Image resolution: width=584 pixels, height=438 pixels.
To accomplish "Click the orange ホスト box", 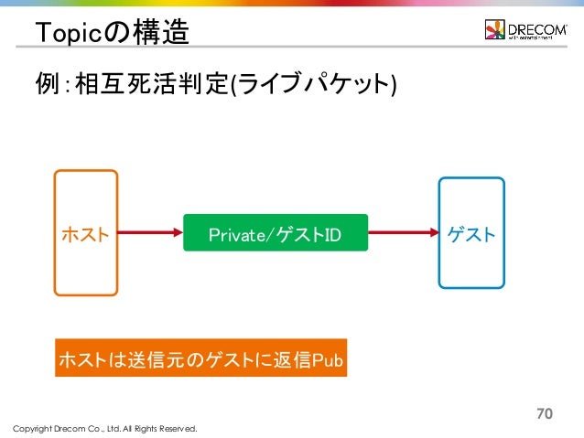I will point(85,233).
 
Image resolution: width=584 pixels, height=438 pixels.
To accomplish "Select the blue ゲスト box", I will point(471,233).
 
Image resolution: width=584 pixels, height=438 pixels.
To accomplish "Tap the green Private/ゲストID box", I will point(275,234).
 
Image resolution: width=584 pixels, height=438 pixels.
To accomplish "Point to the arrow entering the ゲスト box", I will point(403,234).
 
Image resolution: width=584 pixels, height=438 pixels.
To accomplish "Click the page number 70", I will point(545,413).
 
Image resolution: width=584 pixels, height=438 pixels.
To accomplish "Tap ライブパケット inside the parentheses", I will point(312,86).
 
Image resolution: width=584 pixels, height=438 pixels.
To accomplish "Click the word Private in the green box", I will point(236,235).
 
